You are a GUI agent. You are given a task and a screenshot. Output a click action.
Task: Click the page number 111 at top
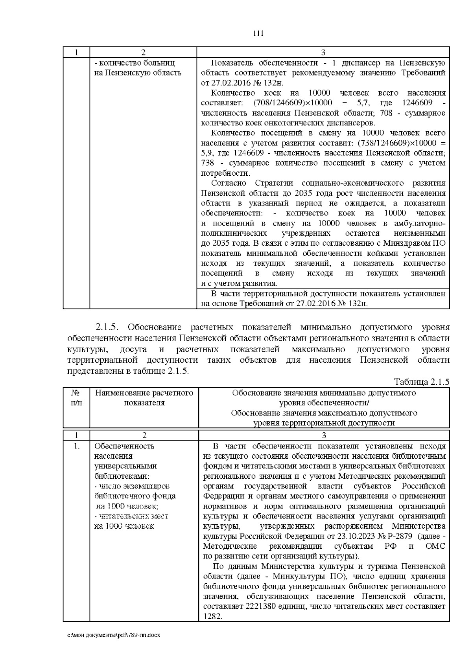(258, 33)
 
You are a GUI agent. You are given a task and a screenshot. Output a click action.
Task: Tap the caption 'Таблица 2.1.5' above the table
(421, 382)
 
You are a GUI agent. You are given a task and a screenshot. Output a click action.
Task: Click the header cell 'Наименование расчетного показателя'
(144, 398)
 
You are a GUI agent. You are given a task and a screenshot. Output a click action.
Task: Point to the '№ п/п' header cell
(76, 398)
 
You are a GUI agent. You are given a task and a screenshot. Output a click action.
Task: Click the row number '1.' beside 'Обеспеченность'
(76, 446)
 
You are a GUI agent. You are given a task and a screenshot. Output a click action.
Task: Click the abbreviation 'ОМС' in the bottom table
(435, 546)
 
